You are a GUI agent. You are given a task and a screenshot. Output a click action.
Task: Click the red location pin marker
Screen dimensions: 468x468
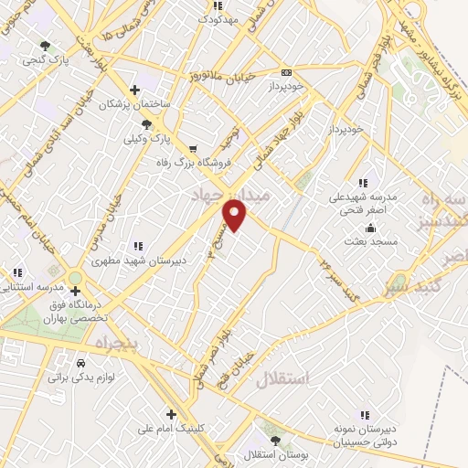tap(236, 215)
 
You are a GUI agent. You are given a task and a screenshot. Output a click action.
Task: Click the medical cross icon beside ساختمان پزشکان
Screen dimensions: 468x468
tap(135, 90)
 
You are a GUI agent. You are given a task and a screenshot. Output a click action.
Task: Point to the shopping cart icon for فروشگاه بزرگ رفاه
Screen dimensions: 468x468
tap(192, 148)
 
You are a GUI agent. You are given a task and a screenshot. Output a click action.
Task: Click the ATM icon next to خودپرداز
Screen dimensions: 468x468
tap(287, 72)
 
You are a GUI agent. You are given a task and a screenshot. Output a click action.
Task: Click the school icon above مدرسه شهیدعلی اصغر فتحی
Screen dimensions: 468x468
tap(364, 182)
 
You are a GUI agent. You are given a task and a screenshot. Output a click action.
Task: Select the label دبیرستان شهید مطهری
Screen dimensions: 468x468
tap(180, 260)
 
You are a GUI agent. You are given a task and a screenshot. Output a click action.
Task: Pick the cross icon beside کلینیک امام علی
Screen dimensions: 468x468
tap(171, 414)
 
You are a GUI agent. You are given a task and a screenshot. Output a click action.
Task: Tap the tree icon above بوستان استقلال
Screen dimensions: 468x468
tap(276, 440)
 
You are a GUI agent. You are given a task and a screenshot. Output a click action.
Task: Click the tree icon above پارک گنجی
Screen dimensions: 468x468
tap(46, 46)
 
